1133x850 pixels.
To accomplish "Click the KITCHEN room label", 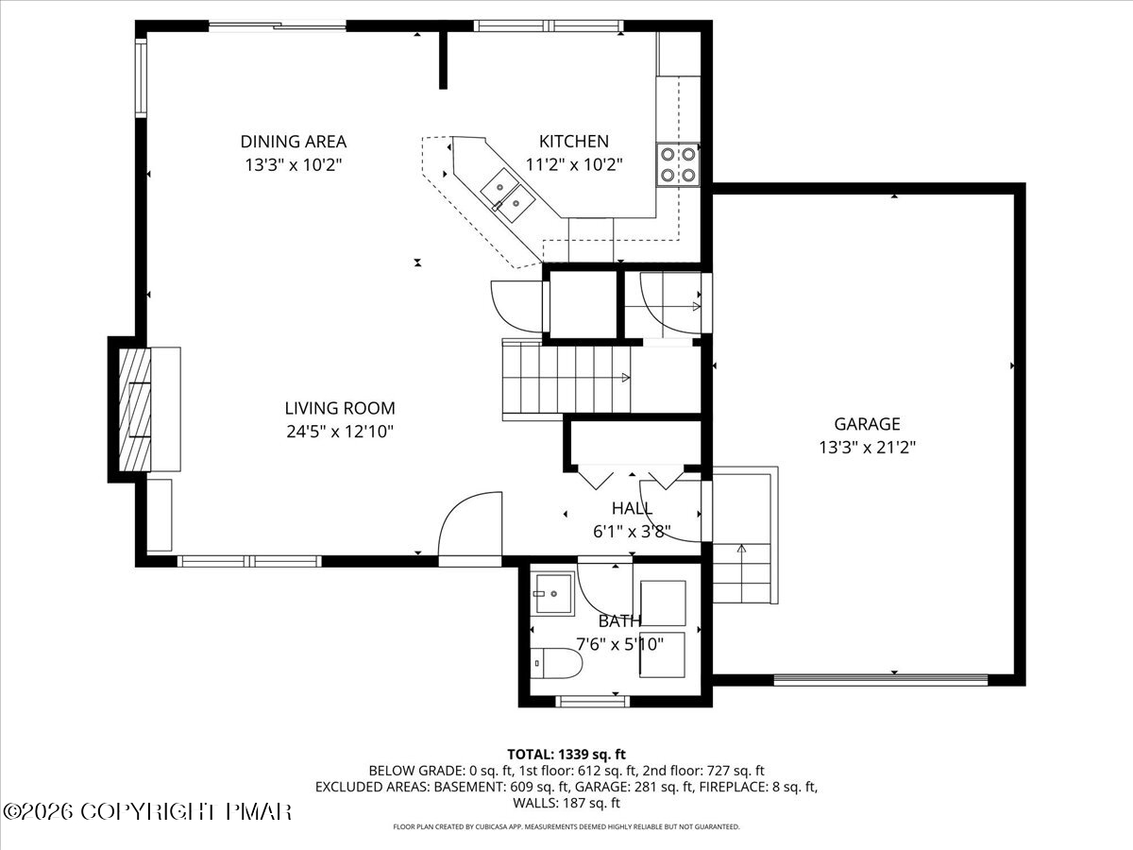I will [573, 142].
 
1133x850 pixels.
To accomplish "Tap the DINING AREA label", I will [293, 142].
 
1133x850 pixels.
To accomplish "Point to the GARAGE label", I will [867, 424].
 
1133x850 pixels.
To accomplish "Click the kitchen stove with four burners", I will [678, 162].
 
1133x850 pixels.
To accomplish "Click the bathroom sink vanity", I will [552, 594].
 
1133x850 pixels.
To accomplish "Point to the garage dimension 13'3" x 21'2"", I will [867, 448].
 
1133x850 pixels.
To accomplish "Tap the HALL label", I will [632, 509].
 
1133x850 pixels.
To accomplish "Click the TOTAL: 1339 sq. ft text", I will [566, 754].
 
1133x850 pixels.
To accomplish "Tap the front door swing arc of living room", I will [470, 525].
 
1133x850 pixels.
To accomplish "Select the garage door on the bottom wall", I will [880, 678].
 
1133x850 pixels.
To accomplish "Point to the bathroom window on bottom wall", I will [592, 700].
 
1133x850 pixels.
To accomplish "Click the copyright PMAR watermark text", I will [147, 811].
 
